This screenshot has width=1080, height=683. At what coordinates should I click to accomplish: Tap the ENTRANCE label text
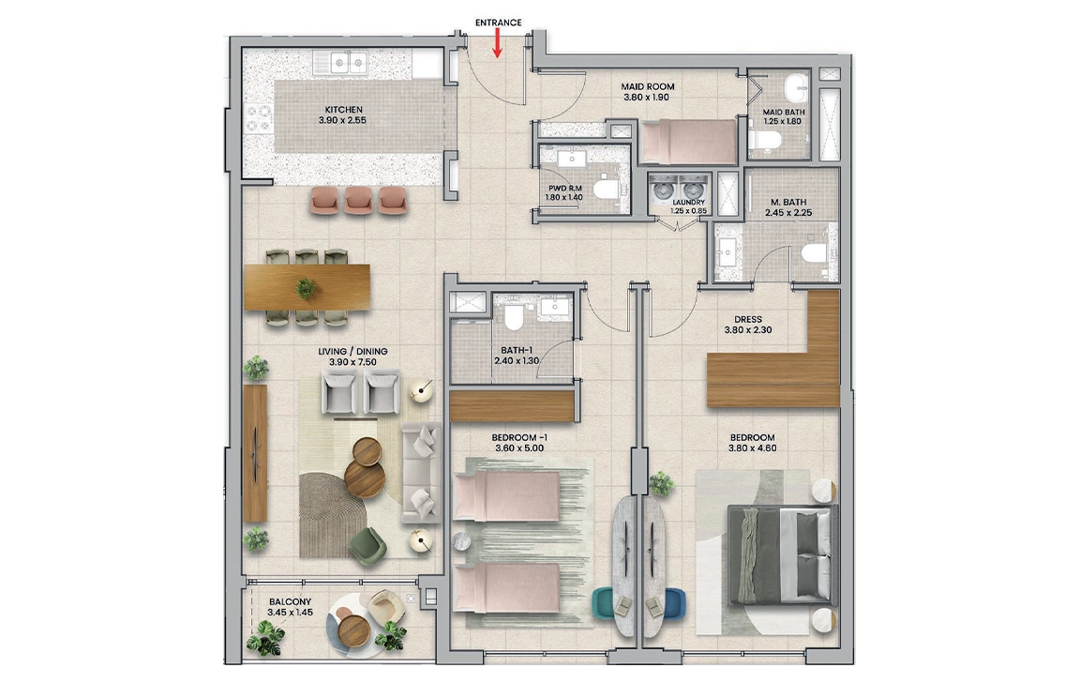pos(498,23)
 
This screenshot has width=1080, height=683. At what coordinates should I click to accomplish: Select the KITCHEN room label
pos(344,110)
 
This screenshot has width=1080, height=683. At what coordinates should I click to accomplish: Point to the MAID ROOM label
pos(648,87)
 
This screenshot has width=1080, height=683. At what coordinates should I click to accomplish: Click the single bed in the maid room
pos(689,142)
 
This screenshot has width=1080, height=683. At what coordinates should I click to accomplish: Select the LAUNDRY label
pos(689,203)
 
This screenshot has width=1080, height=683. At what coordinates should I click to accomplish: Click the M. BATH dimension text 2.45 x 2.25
pos(788,213)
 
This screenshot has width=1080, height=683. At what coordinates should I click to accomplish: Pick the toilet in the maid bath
pos(765,142)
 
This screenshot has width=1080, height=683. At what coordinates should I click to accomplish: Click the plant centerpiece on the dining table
pos(307,288)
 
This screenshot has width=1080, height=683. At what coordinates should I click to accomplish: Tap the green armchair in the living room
pos(367,547)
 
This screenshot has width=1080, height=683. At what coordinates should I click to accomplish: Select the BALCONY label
pos(291,601)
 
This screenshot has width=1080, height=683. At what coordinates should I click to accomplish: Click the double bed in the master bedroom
pos(783,554)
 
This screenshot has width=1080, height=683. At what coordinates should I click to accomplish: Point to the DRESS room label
pos(748,320)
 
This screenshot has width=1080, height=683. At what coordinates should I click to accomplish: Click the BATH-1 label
pos(517,351)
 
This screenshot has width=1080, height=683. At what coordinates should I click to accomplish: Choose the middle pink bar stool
pos(358,200)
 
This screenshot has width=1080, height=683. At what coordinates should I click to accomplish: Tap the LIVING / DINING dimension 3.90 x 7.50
pos(352,362)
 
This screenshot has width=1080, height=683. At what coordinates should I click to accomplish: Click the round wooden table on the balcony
pos(355,630)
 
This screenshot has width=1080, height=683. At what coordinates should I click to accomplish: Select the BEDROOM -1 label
pos(519,437)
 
